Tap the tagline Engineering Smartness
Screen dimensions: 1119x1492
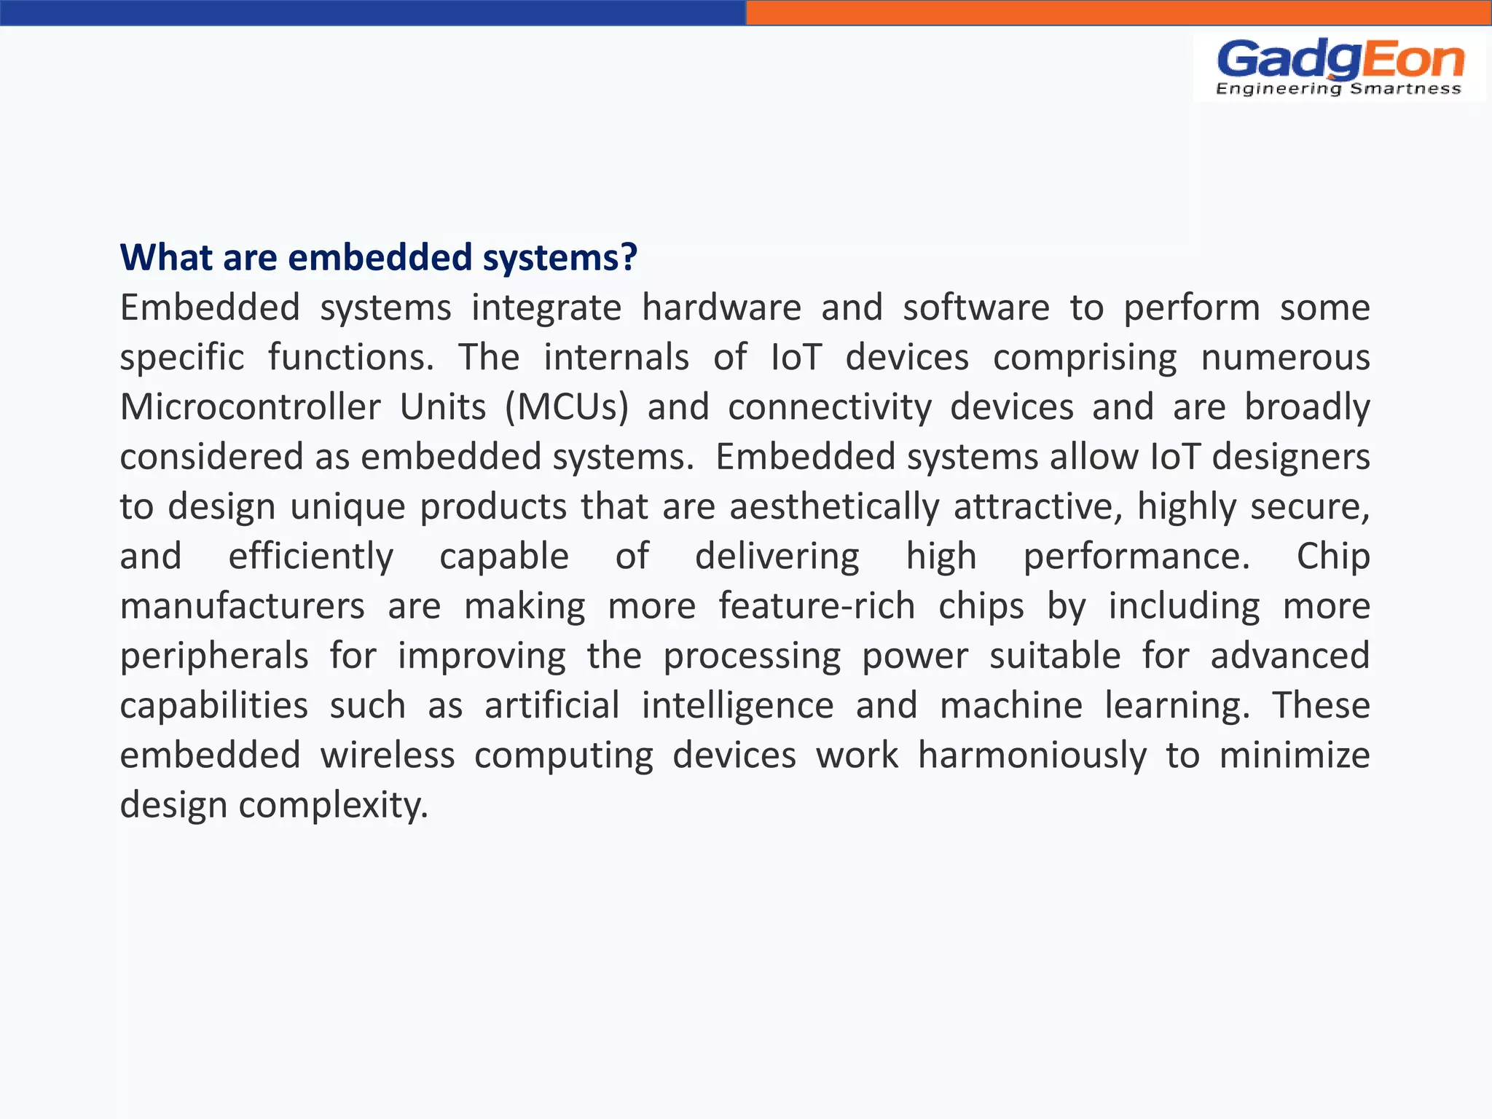1338,89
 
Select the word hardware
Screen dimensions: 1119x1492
721,307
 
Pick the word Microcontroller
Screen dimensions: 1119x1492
250,407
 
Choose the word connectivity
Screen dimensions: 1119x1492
830,407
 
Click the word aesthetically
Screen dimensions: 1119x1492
834,506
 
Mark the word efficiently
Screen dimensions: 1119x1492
310,557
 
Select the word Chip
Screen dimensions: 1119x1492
1333,557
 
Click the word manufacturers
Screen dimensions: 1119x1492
242,606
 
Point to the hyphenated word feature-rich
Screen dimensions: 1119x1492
817,606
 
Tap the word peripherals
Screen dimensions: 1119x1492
214,656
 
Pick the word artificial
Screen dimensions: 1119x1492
552,705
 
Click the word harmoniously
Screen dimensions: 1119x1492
1032,755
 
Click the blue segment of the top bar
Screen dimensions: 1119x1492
372,12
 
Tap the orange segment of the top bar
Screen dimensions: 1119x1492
1118,12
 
